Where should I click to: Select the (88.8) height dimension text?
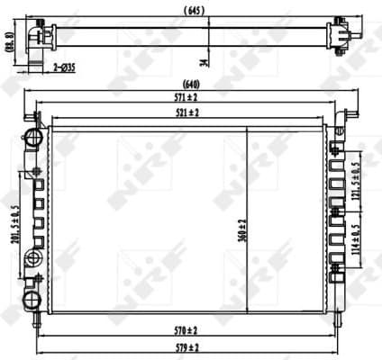click(9, 42)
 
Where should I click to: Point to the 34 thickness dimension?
click(204, 60)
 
